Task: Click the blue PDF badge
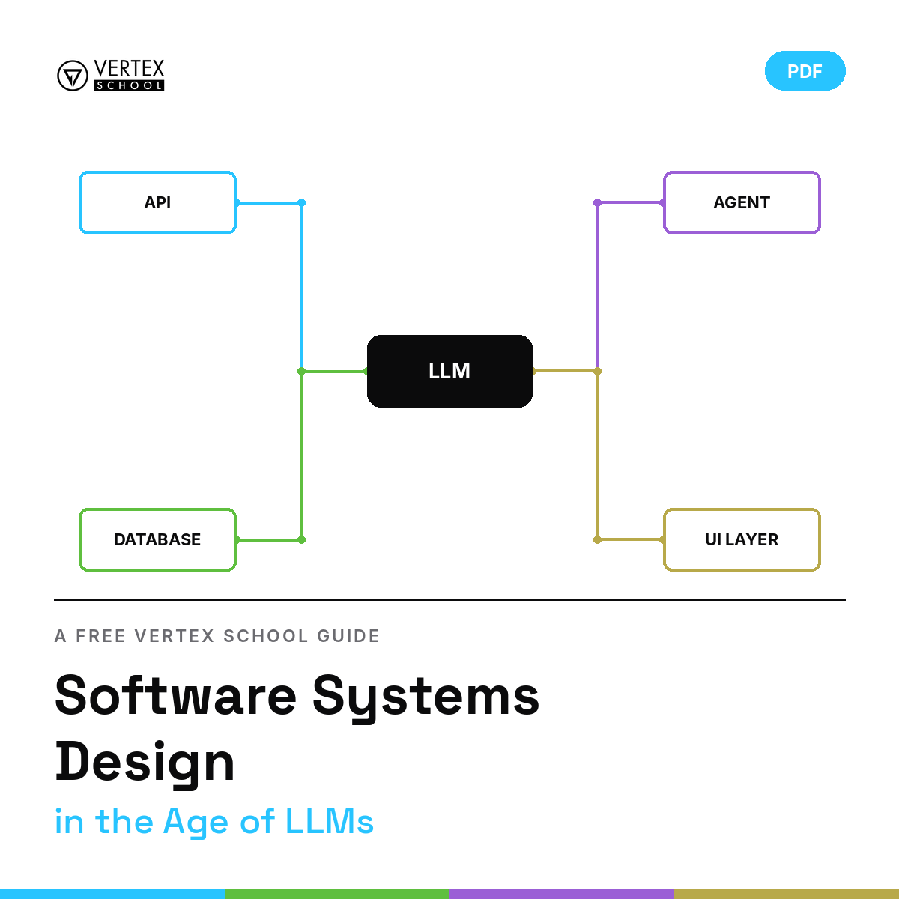click(805, 71)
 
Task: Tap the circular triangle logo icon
click(73, 76)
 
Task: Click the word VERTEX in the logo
click(129, 69)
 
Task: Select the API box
click(157, 202)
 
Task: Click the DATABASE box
click(157, 539)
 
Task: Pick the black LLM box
click(449, 371)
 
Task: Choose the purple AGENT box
click(742, 202)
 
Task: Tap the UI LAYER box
click(742, 539)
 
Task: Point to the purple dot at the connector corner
click(597, 202)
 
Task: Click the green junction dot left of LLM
click(301, 372)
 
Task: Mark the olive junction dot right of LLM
click(597, 372)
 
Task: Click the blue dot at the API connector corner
click(301, 202)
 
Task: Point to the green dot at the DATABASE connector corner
click(301, 539)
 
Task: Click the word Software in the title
click(175, 696)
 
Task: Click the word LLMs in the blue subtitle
click(330, 822)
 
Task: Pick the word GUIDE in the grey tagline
click(348, 636)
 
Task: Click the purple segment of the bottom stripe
click(562, 894)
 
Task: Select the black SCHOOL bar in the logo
click(129, 85)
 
